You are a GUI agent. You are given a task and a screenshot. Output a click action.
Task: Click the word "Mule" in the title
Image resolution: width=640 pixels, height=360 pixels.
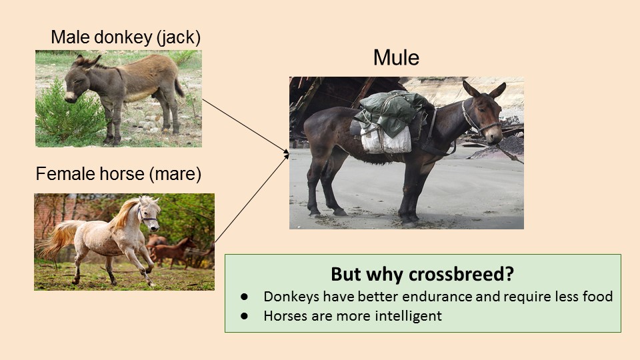point(396,57)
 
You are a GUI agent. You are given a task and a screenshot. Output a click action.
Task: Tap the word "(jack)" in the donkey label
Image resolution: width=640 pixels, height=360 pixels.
point(179,37)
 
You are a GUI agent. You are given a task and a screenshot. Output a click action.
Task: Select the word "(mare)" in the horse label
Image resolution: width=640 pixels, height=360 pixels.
point(175,174)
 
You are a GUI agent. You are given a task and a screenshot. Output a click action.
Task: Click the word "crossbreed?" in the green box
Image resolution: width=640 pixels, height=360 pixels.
point(461,274)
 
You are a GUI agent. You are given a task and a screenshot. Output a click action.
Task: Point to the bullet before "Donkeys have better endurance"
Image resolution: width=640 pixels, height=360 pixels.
point(244,297)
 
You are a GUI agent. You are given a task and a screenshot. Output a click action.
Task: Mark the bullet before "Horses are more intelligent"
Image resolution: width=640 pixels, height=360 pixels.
point(244,315)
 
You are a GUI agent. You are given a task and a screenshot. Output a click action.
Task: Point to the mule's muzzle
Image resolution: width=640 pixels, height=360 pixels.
point(495,135)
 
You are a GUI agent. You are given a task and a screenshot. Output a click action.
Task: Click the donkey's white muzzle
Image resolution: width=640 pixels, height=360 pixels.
point(70,97)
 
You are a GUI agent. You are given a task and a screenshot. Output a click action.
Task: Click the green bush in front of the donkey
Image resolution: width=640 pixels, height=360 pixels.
point(67,114)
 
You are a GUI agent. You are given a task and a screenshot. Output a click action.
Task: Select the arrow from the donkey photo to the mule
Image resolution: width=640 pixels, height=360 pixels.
point(246,126)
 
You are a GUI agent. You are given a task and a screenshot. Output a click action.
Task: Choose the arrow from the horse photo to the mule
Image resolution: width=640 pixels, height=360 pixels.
point(252,199)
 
